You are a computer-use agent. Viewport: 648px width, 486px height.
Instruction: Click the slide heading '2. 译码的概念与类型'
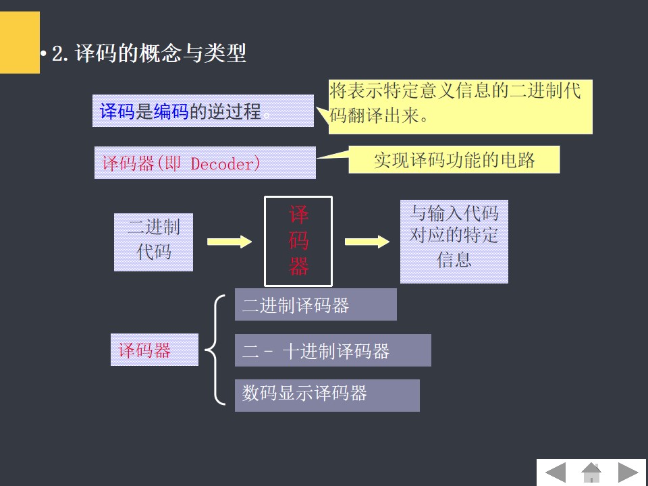[149, 54]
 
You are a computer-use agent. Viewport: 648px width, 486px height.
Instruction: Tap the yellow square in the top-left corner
[20, 42]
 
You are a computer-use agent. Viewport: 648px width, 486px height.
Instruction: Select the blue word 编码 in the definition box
[171, 111]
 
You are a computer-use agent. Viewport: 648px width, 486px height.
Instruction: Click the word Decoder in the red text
[225, 163]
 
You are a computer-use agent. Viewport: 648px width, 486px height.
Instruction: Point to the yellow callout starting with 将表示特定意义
[460, 107]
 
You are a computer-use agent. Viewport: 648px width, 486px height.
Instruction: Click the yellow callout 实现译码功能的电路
[454, 161]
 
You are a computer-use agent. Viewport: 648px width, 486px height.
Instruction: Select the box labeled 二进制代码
[153, 242]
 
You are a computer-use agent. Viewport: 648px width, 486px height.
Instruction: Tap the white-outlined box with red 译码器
[298, 241]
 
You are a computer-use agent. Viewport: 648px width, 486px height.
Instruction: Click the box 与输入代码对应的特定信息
[454, 241]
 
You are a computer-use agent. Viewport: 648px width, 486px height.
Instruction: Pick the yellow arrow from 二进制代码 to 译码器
[229, 242]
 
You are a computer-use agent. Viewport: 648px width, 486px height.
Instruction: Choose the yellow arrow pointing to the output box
[367, 242]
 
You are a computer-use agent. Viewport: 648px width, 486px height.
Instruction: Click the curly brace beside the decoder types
[215, 350]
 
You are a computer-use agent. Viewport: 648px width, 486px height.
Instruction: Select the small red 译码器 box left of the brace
[154, 350]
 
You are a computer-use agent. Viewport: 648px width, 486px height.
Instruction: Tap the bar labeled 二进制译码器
[315, 305]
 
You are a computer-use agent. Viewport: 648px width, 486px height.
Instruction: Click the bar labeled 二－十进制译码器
[332, 350]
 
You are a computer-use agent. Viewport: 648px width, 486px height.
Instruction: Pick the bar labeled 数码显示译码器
[327, 395]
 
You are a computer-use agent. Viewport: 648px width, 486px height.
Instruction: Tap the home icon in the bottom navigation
[591, 472]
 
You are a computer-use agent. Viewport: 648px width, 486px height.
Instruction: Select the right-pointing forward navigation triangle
[628, 472]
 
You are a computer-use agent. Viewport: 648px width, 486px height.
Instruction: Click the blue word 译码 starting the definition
[117, 111]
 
